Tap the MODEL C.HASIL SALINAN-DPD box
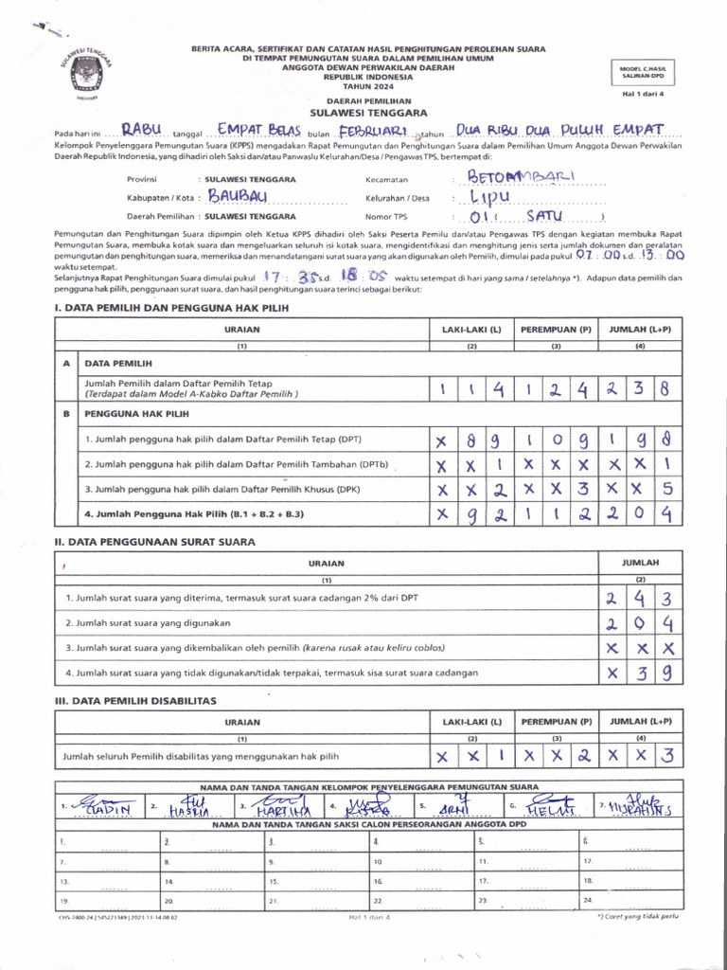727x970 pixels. [x=643, y=72]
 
